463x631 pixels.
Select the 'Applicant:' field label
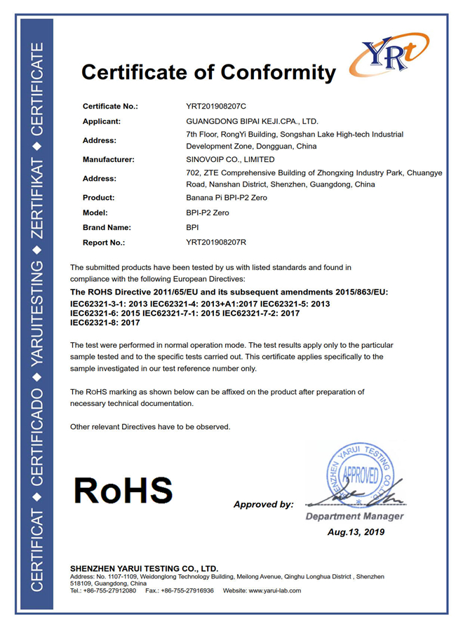coord(102,121)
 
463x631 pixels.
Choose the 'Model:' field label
coord(95,212)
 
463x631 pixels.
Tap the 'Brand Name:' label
coord(107,227)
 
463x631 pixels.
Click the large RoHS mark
coord(123,490)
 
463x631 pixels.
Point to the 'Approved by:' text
coord(263,504)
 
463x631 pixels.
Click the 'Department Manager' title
coord(354,517)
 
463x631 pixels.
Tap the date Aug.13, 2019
coord(356,532)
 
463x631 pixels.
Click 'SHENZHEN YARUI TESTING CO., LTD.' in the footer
coord(145,568)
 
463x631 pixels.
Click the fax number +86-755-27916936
coord(189,590)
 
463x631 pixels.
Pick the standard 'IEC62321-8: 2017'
coord(106,323)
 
